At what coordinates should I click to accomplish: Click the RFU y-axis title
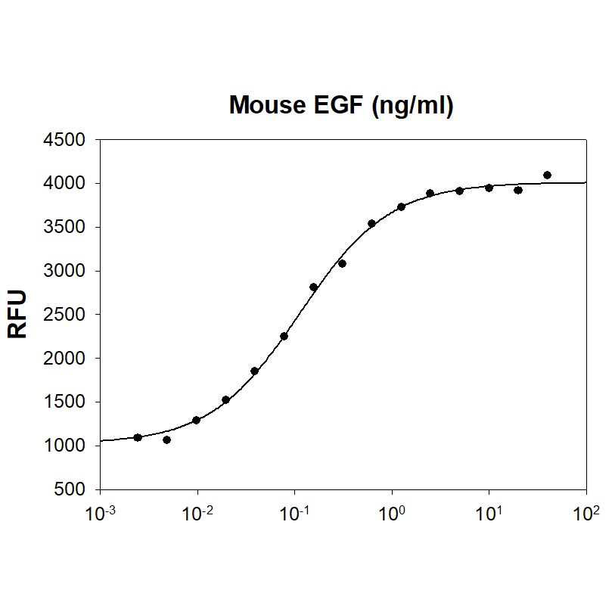[x=17, y=313]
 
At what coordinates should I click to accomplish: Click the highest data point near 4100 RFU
[x=547, y=175]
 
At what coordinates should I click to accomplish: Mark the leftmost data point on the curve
[x=138, y=437]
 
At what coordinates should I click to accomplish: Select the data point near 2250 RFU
[x=284, y=336]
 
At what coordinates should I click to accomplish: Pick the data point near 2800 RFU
[x=313, y=287]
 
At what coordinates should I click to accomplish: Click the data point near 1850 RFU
[x=254, y=371]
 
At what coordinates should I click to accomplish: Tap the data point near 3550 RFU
[x=371, y=223]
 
